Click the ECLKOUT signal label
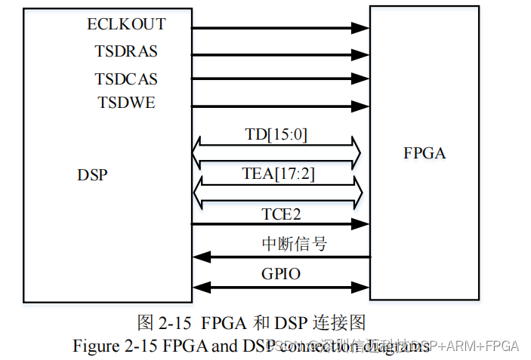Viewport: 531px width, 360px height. (126, 24)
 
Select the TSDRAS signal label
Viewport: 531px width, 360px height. (126, 51)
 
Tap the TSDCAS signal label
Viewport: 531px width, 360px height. (126, 78)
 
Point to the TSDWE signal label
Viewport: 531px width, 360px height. (126, 103)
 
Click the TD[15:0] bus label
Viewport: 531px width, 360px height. (276, 135)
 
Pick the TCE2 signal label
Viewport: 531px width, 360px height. (281, 214)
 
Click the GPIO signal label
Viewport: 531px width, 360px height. (280, 274)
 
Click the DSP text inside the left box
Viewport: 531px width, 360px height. (92, 175)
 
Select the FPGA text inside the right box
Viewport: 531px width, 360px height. (424, 154)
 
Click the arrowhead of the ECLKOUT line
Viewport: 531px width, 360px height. (361, 29)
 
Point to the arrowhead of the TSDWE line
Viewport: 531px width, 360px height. (361, 107)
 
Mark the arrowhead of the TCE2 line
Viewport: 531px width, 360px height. (361, 224)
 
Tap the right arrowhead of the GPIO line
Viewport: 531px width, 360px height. (361, 286)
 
